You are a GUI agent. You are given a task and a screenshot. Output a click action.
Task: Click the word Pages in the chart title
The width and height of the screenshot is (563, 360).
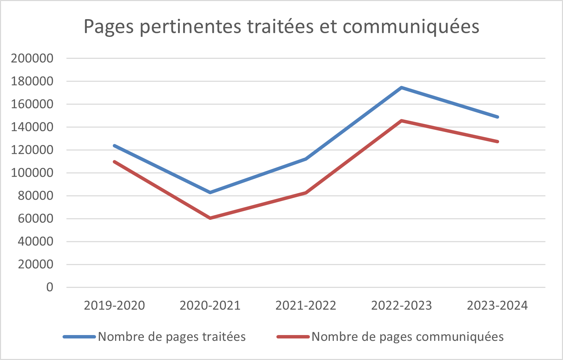(109, 27)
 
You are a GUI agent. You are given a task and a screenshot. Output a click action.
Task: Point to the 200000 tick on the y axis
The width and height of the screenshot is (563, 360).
(32, 58)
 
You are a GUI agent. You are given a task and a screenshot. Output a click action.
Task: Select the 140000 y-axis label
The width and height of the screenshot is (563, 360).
(32, 127)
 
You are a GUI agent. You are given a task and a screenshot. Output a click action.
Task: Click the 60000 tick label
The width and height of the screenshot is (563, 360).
(36, 218)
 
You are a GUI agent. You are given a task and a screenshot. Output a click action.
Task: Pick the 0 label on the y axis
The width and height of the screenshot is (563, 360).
(50, 287)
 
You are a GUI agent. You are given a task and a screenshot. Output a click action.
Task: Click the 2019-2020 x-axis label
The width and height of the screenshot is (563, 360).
(114, 305)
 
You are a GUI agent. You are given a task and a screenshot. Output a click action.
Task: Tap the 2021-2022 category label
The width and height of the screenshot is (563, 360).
(306, 305)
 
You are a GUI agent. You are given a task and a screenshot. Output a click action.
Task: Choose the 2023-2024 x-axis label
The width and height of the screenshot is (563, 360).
(497, 305)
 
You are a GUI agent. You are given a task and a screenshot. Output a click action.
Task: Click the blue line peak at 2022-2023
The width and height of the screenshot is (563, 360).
(401, 88)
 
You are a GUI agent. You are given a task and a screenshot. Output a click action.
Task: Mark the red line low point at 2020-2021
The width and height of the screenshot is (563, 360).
(210, 218)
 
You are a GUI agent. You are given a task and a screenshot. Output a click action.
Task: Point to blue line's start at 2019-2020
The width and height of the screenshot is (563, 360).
(114, 146)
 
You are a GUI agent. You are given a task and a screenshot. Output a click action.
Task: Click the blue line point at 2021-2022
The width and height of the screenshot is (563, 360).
(306, 159)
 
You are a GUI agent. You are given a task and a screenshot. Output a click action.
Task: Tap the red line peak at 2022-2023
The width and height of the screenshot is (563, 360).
(401, 121)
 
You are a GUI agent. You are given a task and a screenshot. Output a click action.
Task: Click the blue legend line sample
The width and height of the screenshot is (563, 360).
(79, 337)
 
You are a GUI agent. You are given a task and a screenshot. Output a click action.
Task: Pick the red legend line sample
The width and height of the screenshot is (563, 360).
(293, 337)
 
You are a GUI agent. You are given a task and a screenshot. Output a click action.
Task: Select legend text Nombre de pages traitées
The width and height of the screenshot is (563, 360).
(172, 337)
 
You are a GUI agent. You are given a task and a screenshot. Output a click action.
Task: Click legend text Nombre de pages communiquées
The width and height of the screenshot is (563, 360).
(408, 337)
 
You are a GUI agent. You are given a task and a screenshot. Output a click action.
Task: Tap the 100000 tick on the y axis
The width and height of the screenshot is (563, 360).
(32, 173)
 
